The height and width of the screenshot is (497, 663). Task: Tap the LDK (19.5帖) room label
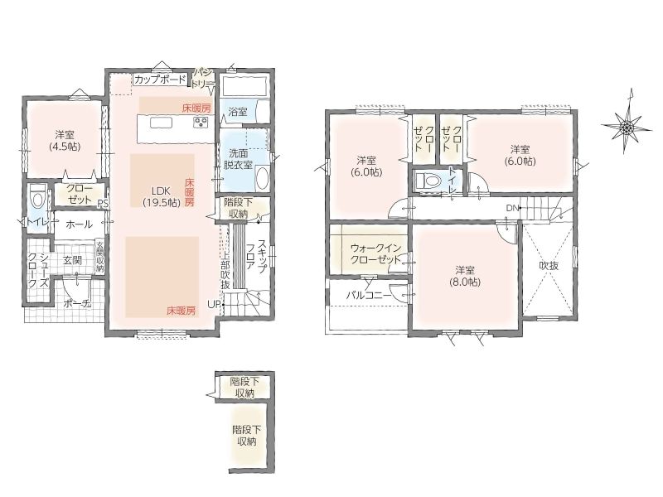click(162, 195)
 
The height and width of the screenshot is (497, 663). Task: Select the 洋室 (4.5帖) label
click(65, 141)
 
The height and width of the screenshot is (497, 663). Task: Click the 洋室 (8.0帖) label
click(465, 276)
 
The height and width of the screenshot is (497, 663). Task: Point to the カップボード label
click(161, 79)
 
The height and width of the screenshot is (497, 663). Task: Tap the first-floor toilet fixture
click(37, 198)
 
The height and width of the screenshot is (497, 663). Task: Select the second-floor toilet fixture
click(428, 181)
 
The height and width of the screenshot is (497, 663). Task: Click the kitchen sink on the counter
click(161, 123)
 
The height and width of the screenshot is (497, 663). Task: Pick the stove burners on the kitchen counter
click(201, 123)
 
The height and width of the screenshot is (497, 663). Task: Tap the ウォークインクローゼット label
click(376, 253)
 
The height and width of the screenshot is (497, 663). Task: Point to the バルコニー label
click(369, 295)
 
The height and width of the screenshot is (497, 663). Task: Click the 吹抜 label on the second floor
click(549, 265)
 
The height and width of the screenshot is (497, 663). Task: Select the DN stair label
click(512, 208)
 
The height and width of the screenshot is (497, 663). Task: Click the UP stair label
click(214, 303)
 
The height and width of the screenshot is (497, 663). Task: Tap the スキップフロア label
click(256, 257)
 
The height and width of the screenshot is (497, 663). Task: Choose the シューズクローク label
click(38, 271)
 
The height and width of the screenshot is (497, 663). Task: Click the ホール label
click(79, 224)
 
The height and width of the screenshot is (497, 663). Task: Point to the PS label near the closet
click(103, 203)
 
